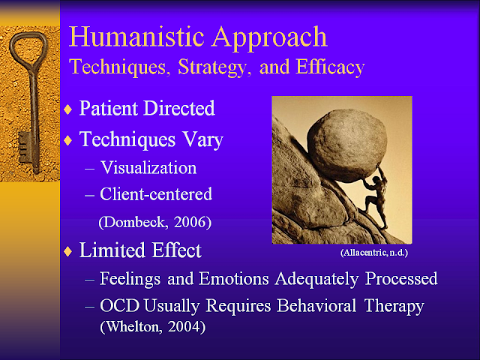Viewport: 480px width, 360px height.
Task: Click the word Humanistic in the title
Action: pyautogui.click(x=136, y=37)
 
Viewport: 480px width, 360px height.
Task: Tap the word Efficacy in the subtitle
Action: pyautogui.click(x=330, y=67)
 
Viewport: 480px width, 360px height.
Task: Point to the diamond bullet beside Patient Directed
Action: pyautogui.click(x=68, y=109)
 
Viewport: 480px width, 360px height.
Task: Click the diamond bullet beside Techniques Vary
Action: pyautogui.click(x=68, y=140)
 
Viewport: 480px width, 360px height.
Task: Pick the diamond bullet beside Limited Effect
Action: pyautogui.click(x=68, y=251)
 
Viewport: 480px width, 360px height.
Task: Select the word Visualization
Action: pyautogui.click(x=148, y=168)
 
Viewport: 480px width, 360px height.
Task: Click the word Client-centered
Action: pyautogui.click(x=156, y=194)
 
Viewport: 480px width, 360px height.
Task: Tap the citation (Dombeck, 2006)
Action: pyautogui.click(x=155, y=222)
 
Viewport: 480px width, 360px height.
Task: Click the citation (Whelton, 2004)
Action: pyautogui.click(x=152, y=327)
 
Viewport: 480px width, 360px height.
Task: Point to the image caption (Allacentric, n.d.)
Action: pyautogui.click(x=374, y=253)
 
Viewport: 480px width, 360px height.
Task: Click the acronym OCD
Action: pyautogui.click(x=120, y=305)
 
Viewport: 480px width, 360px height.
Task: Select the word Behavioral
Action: pyautogui.click(x=316, y=305)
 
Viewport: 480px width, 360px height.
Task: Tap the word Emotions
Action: pyautogui.click(x=234, y=279)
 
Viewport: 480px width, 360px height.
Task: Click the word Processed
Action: pyautogui.click(x=402, y=279)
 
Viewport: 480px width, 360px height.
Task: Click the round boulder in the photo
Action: pyautogui.click(x=346, y=145)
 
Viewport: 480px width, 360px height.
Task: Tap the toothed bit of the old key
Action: pyautogui.click(x=25, y=147)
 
